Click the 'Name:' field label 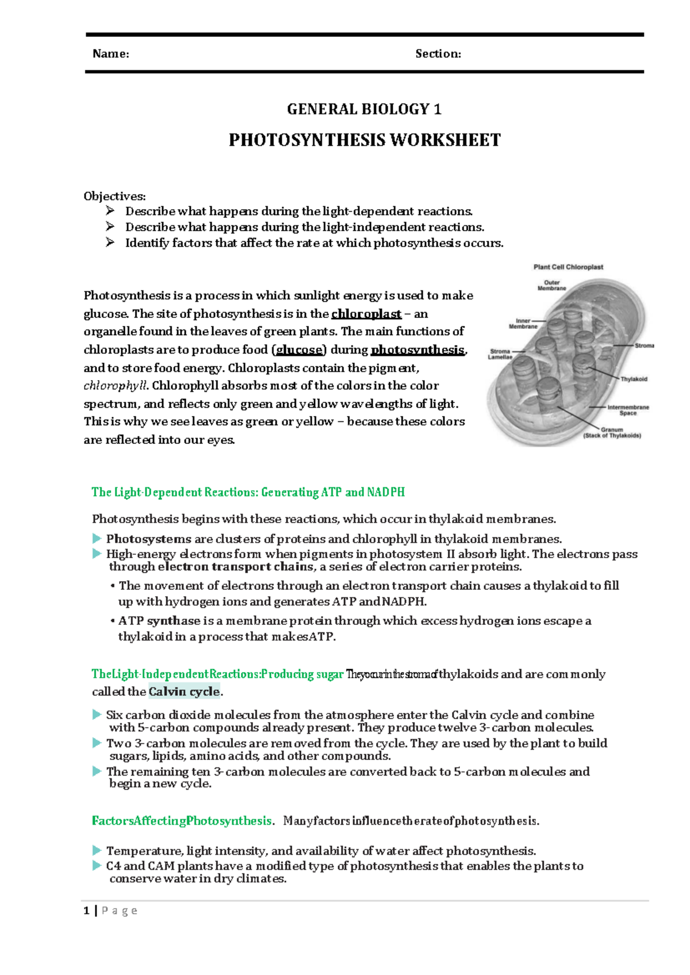click(110, 54)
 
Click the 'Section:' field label click(438, 54)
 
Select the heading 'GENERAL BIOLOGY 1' click(364, 109)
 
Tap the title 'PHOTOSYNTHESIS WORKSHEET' click(365, 140)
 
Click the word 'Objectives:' click(114, 196)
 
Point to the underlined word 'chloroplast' click(366, 314)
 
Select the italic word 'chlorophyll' click(116, 386)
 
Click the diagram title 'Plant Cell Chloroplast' click(568, 267)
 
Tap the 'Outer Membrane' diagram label click(552, 285)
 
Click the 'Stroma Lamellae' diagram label click(500, 354)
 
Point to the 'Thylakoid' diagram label click(634, 379)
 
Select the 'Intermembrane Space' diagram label click(628, 410)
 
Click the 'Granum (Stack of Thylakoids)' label click(612, 432)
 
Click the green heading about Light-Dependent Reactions click(248, 492)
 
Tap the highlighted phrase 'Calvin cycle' click(184, 692)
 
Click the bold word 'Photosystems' click(148, 539)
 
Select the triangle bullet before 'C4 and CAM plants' click(97, 866)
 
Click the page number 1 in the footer click(86, 911)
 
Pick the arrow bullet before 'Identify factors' click(110, 243)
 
